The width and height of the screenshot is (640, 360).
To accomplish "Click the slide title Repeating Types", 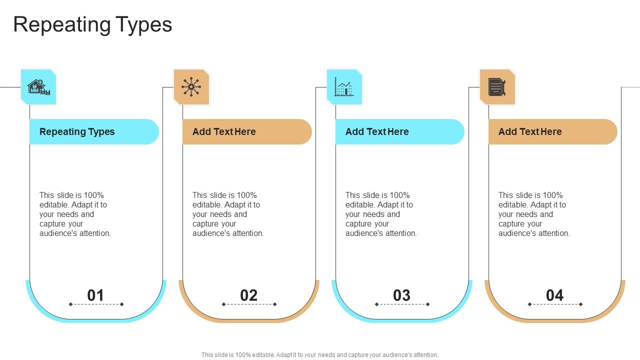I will tap(92, 24).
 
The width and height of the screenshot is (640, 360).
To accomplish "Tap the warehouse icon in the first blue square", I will tap(38, 87).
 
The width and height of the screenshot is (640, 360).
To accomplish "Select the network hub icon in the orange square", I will tap(191, 87).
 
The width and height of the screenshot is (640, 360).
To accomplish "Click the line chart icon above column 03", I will tap(344, 87).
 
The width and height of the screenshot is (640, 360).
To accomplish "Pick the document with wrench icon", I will tap(497, 87).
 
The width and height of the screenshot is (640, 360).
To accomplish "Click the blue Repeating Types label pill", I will tap(94, 132).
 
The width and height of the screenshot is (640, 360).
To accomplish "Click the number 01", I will tap(95, 295).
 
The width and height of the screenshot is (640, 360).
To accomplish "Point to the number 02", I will tap(248, 295).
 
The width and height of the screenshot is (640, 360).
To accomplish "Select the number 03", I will tap(401, 295).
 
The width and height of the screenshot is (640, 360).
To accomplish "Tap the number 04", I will tap(554, 295).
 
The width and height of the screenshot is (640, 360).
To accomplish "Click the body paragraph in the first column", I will tap(75, 214).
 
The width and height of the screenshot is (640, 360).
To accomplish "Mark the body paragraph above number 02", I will tap(228, 214).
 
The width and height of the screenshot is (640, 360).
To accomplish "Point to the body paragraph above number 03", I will tap(381, 214).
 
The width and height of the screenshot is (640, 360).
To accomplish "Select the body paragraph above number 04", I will tap(534, 214).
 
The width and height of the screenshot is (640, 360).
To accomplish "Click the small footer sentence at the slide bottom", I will tap(320, 355).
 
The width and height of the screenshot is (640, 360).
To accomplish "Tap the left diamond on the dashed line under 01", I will tap(70, 304).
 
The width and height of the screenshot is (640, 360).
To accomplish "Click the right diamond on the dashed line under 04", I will tap(580, 304).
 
